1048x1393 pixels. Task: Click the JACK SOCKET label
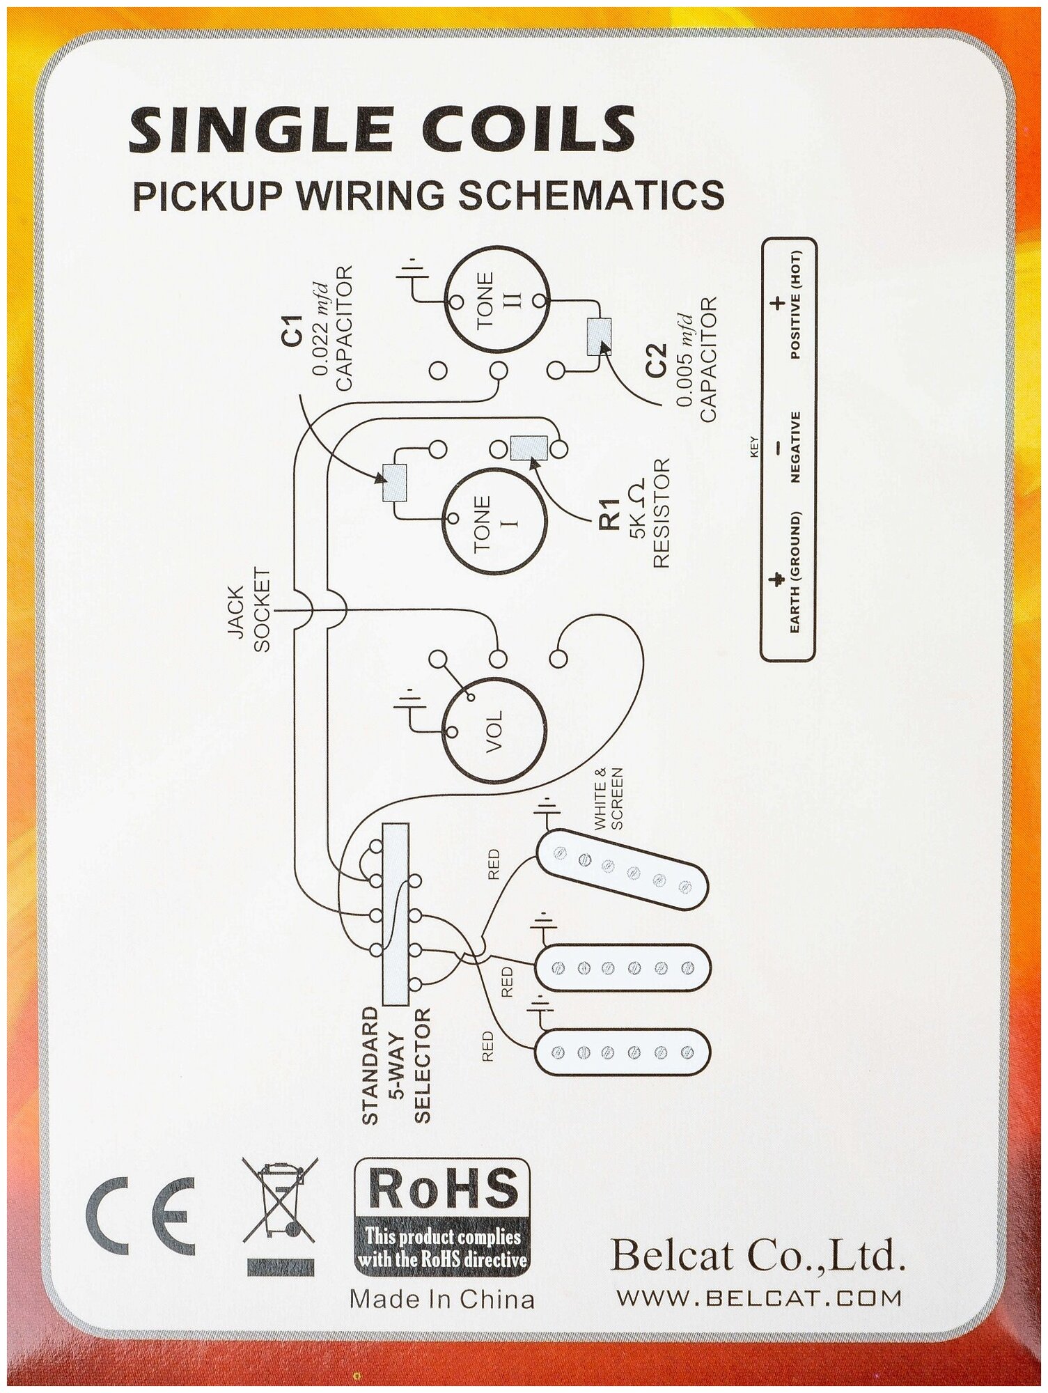click(x=249, y=610)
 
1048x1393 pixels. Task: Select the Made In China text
click(x=441, y=1299)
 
